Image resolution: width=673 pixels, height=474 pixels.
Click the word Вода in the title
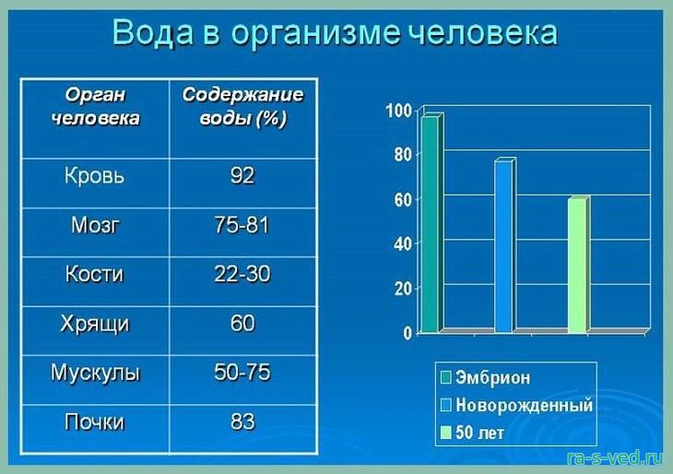[x=153, y=32]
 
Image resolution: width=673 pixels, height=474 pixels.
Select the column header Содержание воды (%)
[x=243, y=106]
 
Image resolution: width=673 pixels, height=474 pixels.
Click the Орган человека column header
[x=95, y=106]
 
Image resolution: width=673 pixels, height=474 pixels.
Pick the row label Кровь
[x=94, y=175]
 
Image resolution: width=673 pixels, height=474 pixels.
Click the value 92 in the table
[x=242, y=175]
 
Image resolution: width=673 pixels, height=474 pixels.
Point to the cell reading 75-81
[x=242, y=224]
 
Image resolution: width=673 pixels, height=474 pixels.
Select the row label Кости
[x=94, y=274]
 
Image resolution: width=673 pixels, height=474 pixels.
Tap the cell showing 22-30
[x=242, y=274]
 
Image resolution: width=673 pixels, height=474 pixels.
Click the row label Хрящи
[x=94, y=324]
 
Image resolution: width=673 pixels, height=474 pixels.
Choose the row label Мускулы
[x=95, y=373]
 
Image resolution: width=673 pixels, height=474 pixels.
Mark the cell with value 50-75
[x=242, y=372]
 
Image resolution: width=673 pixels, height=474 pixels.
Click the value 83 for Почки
[x=242, y=421]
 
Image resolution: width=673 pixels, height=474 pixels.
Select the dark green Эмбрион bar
[x=431, y=223]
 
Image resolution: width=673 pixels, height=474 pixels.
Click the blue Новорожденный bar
[x=504, y=245]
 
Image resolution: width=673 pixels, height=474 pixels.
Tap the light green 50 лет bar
[x=578, y=265]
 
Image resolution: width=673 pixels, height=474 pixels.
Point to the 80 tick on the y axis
[x=403, y=155]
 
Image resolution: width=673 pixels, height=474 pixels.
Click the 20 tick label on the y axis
[x=403, y=289]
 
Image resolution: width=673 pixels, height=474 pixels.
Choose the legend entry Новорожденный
[x=517, y=405]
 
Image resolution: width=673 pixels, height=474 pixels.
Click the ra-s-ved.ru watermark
[x=614, y=458]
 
